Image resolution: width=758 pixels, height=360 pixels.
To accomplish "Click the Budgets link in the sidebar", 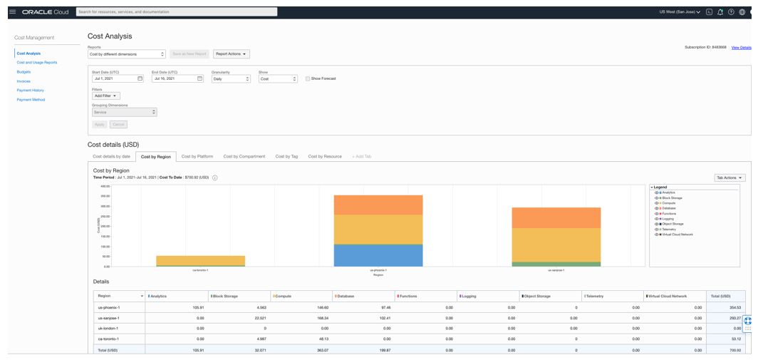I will pos(24,72).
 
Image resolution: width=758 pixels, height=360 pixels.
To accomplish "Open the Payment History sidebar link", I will pos(31,91).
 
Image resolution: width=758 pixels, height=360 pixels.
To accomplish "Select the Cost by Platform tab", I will pos(197,156).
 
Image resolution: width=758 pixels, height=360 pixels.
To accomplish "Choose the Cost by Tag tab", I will pos(286,156).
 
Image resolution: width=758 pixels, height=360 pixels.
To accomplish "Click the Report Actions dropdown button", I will pos(232,53).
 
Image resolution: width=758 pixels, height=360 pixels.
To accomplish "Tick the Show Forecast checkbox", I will pos(308,78).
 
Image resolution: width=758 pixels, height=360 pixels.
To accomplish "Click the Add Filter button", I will pos(106,96).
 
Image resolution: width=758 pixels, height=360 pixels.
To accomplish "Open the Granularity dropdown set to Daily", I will pos(232,78).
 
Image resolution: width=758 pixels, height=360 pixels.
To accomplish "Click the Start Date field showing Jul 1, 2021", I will pos(117,78).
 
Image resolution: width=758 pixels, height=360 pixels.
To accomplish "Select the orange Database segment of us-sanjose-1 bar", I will pos(556,217).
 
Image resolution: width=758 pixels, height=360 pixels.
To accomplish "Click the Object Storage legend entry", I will pos(674,224).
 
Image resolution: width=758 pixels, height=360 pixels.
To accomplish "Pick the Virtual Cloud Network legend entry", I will pos(678,234).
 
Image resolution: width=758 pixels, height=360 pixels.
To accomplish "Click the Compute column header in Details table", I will pos(283,295).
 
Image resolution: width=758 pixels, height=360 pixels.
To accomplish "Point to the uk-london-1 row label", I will pos(108,328).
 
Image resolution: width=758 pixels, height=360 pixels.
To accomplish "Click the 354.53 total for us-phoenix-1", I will pos(734,307).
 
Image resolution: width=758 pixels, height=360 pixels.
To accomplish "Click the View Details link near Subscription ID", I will pos(741,47).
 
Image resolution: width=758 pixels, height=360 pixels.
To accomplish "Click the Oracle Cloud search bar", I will pos(177,12).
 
